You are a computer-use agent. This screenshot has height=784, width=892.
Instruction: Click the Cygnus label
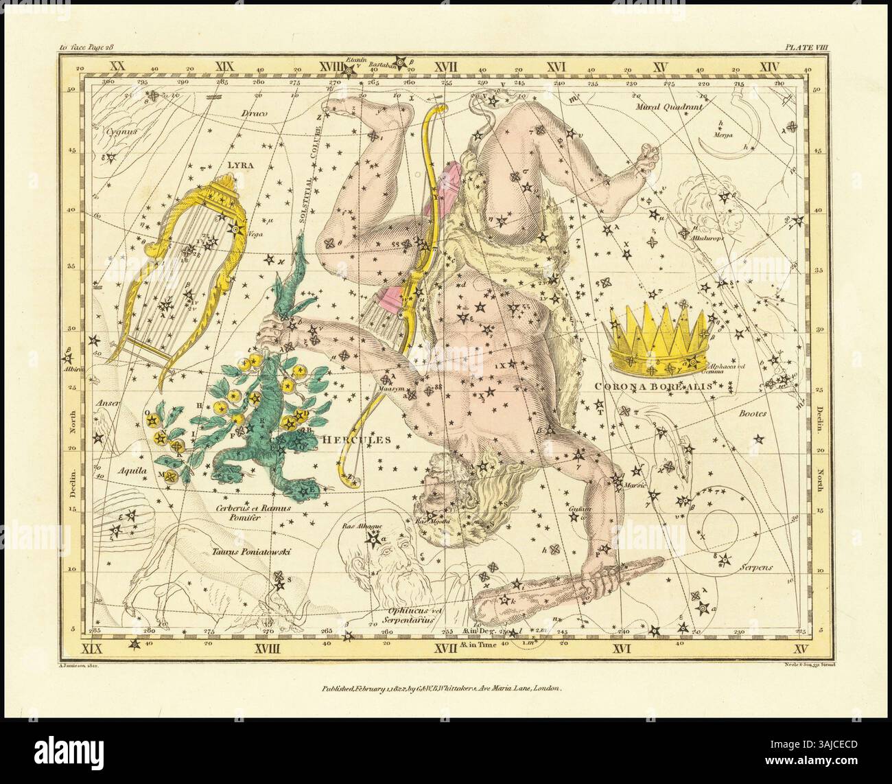[x=108, y=128]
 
